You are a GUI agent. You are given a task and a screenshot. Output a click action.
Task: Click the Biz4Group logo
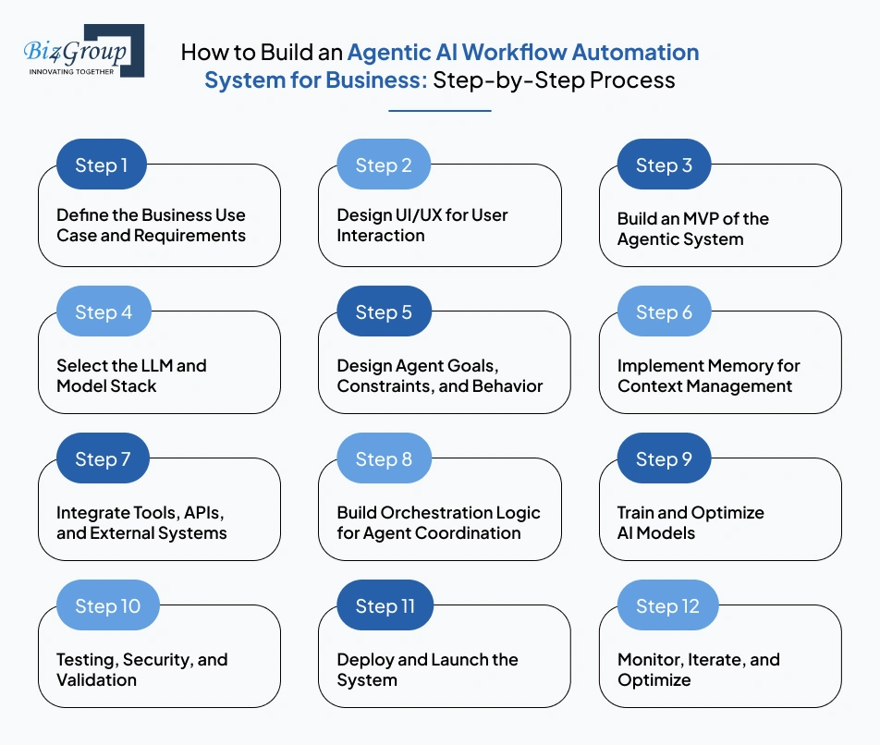(x=83, y=51)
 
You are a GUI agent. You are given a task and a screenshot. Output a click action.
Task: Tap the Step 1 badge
(x=102, y=165)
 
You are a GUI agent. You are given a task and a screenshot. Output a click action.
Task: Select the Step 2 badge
(x=384, y=165)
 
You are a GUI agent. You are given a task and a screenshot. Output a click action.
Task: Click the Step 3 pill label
(x=664, y=165)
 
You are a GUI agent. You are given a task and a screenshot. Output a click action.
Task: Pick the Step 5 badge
(x=384, y=312)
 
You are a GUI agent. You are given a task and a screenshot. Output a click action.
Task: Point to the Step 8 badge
(x=384, y=459)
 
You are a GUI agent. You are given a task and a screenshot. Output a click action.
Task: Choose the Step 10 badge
(x=107, y=606)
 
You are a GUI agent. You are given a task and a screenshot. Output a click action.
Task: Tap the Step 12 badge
(x=667, y=606)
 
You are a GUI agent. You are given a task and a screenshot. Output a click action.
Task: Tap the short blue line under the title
(x=439, y=111)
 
